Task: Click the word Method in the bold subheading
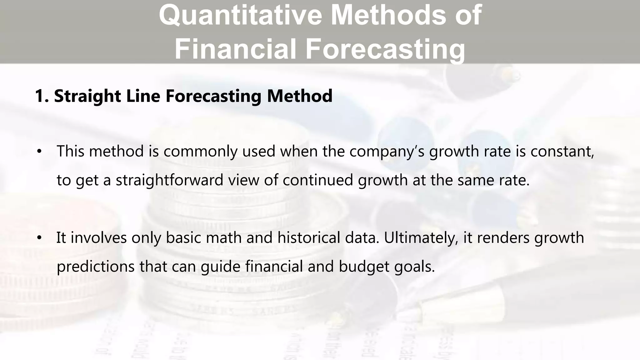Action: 300,96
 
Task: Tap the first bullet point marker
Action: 39,152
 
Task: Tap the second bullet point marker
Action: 39,238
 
